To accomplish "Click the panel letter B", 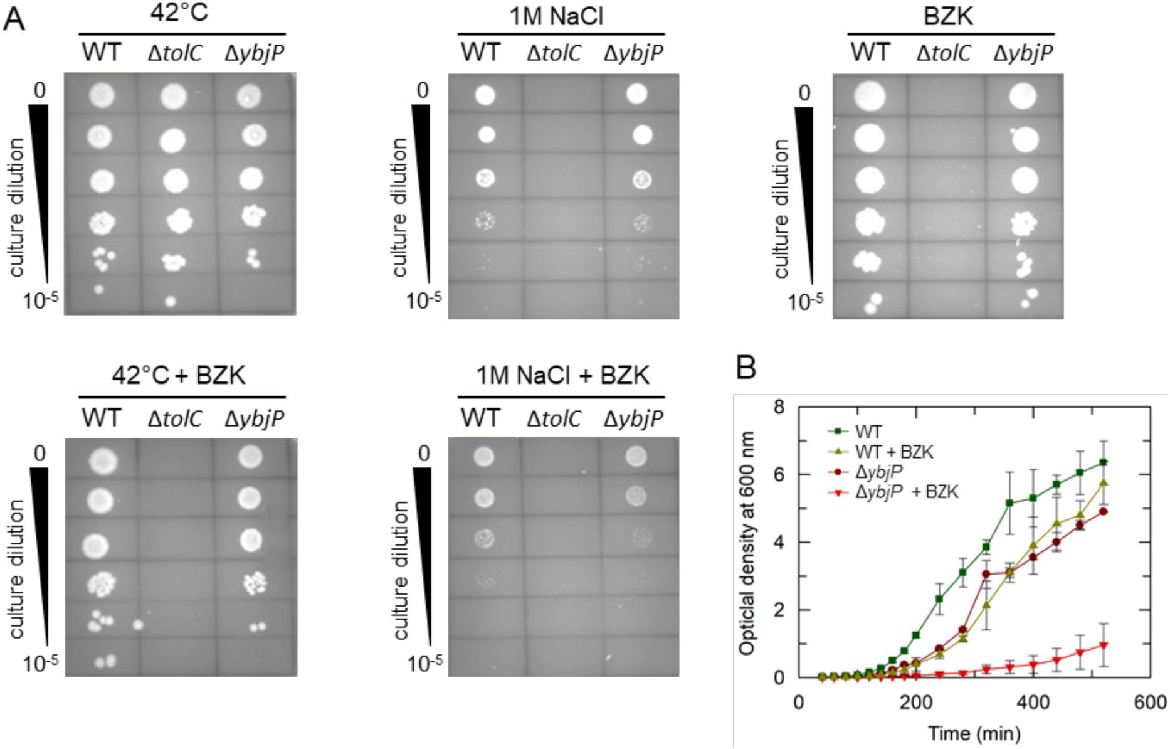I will pos(746,369).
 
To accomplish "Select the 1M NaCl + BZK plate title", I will pos(562,375).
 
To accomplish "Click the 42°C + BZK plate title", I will pos(179,375).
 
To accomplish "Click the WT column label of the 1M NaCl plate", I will pos(481,53).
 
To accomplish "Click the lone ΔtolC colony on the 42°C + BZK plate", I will pos(138,625).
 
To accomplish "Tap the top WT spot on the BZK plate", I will pos(869,97).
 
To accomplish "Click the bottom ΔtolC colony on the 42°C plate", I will pos(170,302).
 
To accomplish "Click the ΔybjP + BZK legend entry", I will pos(907,492).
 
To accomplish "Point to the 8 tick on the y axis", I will pos(779,408).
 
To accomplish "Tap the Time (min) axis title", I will pos(974,733).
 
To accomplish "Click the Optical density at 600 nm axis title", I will pos(747,543).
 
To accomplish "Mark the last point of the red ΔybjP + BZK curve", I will pos(1103,645).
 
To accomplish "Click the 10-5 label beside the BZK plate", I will pos(805,302).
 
